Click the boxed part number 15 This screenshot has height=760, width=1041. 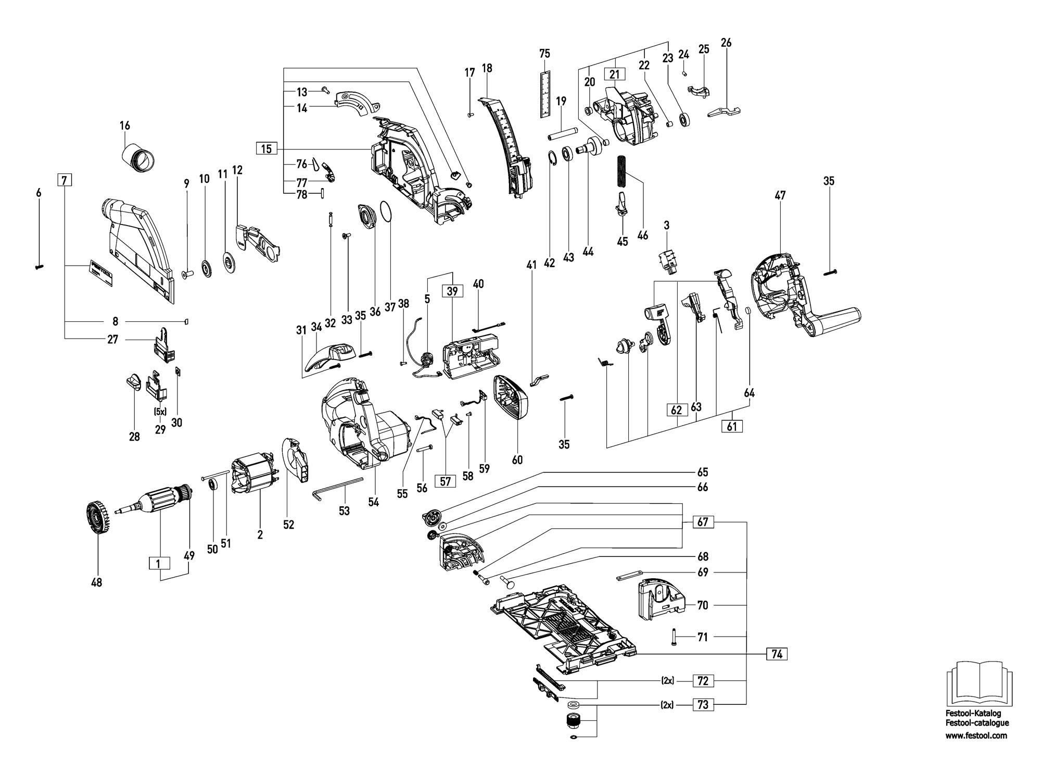pyautogui.click(x=266, y=149)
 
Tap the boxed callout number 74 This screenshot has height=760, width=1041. pyautogui.click(x=777, y=654)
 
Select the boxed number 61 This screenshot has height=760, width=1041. pyautogui.click(x=732, y=426)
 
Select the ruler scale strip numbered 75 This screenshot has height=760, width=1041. pyautogui.click(x=544, y=94)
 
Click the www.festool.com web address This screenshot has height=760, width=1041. pyautogui.click(x=976, y=736)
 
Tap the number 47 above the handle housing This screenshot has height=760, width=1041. pyautogui.click(x=780, y=195)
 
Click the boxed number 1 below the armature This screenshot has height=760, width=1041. pyautogui.click(x=160, y=563)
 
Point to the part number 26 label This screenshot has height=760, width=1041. pyautogui.click(x=726, y=43)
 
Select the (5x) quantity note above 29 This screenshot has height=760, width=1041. pyautogui.click(x=159, y=412)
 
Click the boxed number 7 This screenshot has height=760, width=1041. pyautogui.click(x=64, y=181)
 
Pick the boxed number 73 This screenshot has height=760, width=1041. pyautogui.click(x=703, y=705)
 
